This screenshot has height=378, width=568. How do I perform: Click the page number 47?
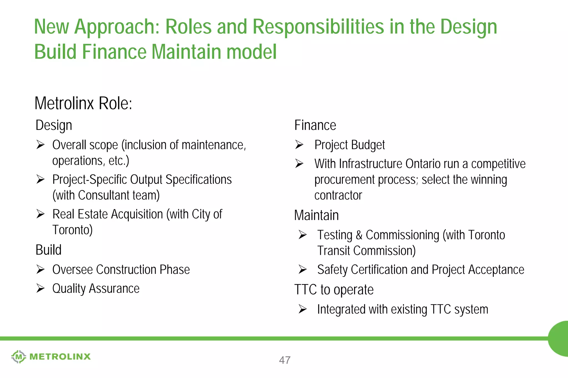coord(285,360)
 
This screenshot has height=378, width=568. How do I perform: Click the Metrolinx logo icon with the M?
coord(19,356)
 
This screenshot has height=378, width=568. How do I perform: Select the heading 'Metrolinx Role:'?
coord(83,103)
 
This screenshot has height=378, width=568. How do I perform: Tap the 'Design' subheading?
coord(54,125)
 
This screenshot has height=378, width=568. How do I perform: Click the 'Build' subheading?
coord(49,250)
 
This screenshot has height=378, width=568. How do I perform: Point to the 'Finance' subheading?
coord(315,125)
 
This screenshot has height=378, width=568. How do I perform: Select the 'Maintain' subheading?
coord(316,215)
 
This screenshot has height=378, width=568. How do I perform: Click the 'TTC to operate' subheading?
coord(334,290)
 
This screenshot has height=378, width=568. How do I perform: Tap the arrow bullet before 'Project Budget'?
coord(299,145)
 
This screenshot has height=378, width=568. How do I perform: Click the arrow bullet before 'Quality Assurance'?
coord(40,288)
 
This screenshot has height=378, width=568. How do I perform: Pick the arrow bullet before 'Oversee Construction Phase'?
coord(40,269)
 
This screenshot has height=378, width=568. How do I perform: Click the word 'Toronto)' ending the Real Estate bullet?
coord(72,230)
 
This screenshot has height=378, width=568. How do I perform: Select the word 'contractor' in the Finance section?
coord(338,195)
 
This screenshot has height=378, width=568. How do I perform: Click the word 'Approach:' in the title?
coord(117,27)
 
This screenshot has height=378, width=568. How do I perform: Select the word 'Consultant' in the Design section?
coord(104,195)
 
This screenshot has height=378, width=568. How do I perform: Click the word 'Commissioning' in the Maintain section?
coord(402,235)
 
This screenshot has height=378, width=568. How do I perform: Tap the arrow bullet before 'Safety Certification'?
coord(302,269)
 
